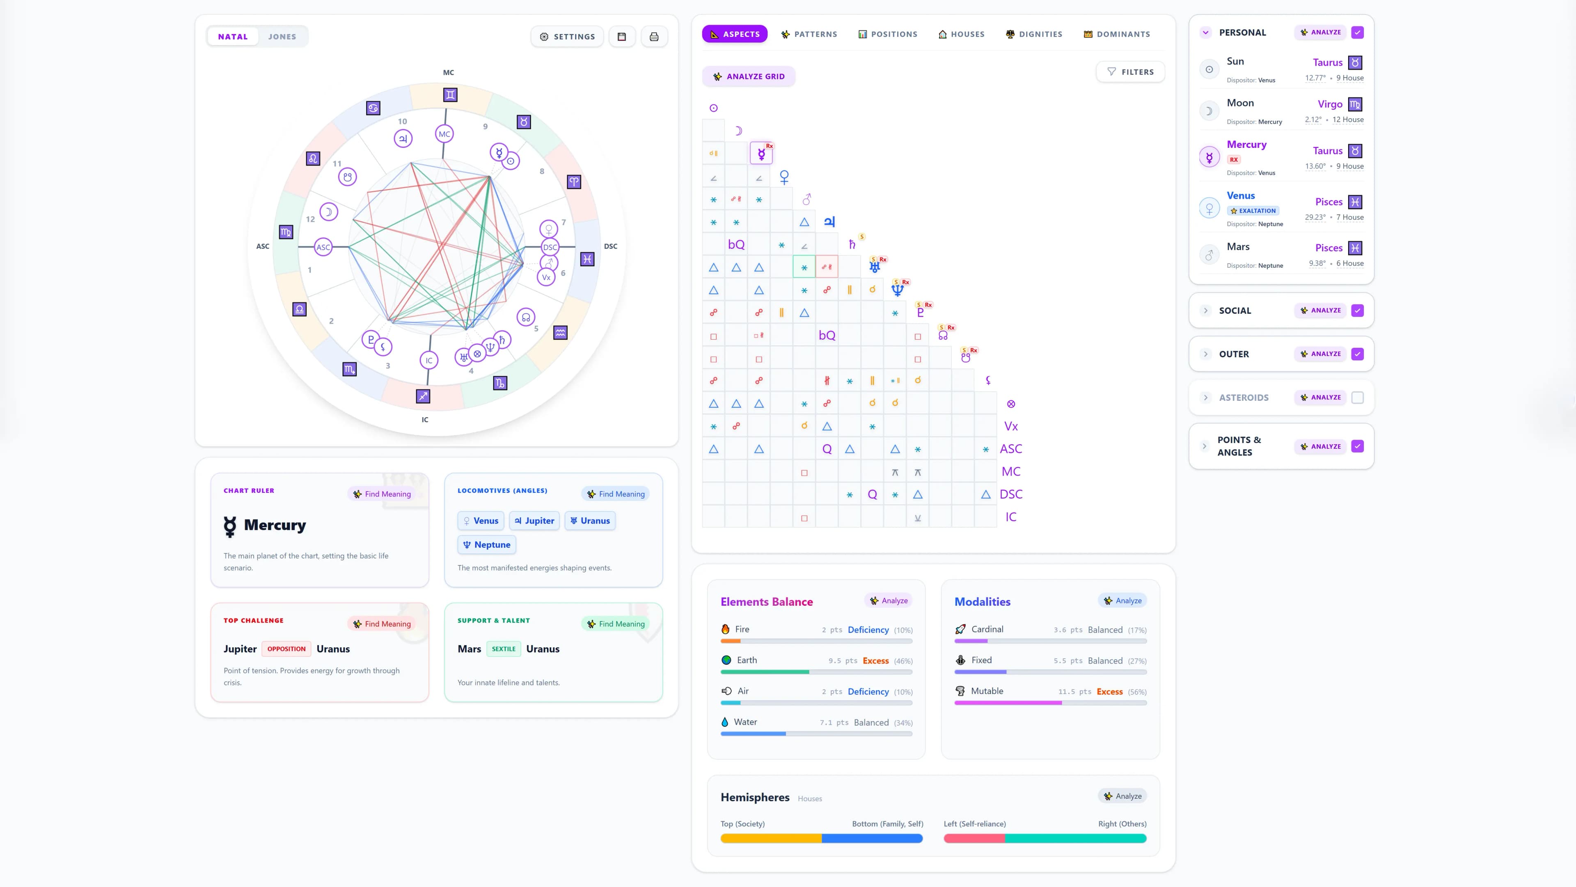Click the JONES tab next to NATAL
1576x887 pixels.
click(282, 37)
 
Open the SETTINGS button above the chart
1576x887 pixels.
click(567, 37)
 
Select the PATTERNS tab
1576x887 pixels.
click(809, 34)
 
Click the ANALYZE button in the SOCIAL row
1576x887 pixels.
click(1320, 310)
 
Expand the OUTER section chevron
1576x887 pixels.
click(1206, 354)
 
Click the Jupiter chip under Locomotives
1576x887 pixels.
click(534, 521)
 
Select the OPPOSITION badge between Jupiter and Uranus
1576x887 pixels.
click(286, 649)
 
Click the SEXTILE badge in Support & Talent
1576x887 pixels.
click(504, 649)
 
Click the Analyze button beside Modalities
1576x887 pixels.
click(1122, 600)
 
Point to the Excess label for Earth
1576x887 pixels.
click(875, 660)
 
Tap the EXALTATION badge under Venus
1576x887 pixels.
click(1253, 211)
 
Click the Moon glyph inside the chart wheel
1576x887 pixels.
click(328, 212)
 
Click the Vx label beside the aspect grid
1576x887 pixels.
click(1011, 426)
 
